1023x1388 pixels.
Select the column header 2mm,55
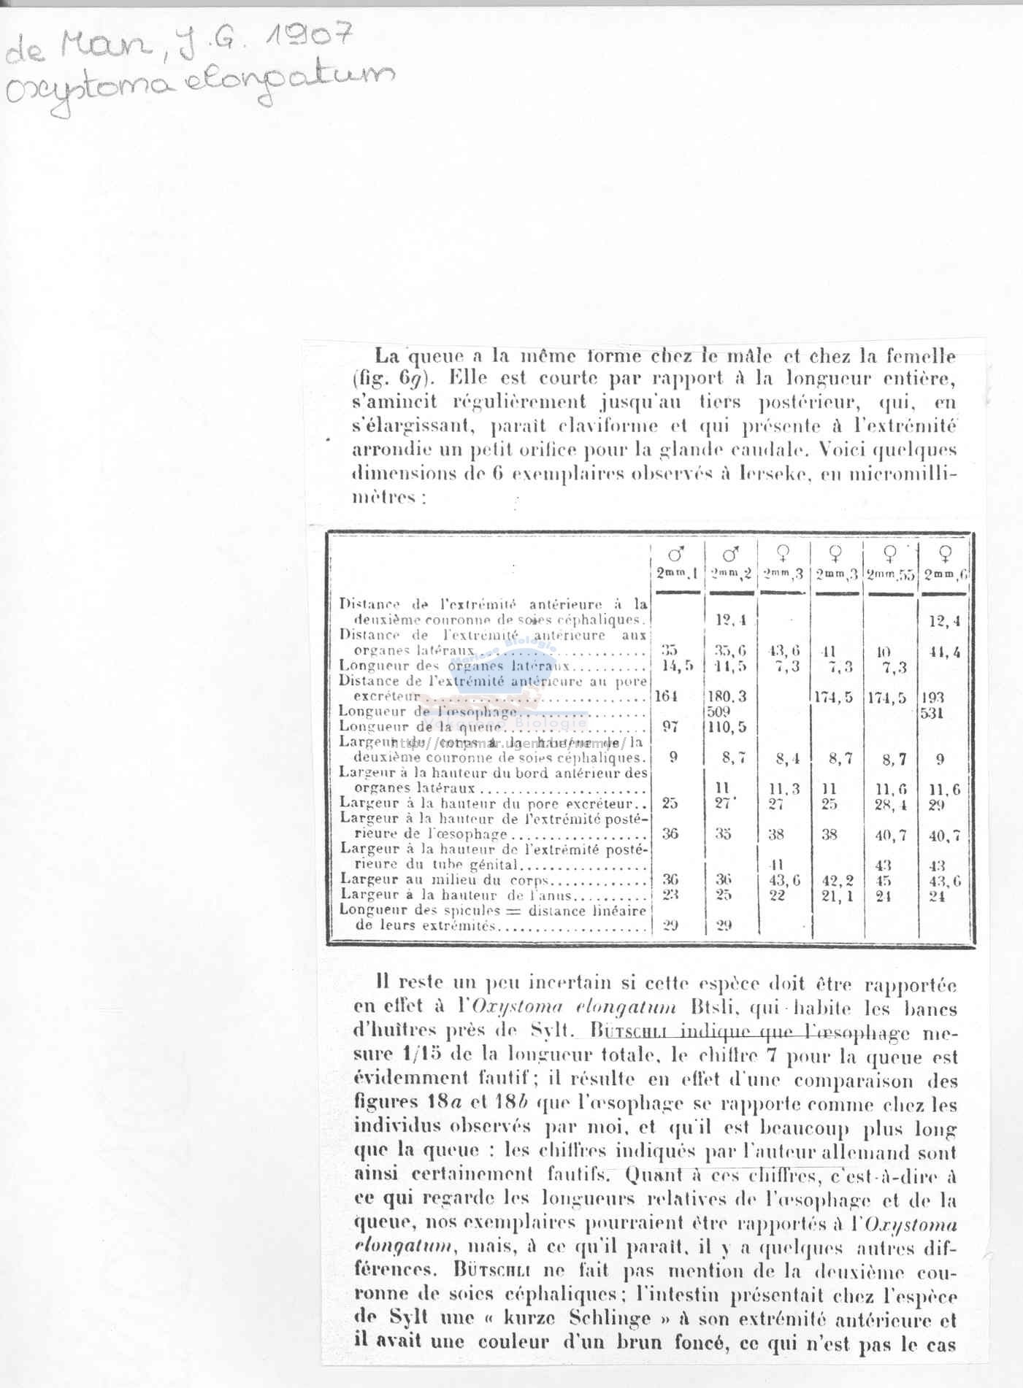[x=890, y=574]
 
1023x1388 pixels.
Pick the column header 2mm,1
[x=677, y=574]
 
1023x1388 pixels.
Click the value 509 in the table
[x=719, y=711]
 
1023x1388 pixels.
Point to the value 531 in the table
[x=932, y=712]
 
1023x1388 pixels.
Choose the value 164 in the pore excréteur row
[x=666, y=696]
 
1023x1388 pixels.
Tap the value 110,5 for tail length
[x=727, y=727]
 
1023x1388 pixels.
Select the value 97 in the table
[x=670, y=726]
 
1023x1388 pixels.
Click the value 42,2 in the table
[x=838, y=881]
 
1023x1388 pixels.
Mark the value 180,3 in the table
[x=727, y=696]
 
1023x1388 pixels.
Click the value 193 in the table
[x=932, y=697]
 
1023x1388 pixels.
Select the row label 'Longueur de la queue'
[x=421, y=726]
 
